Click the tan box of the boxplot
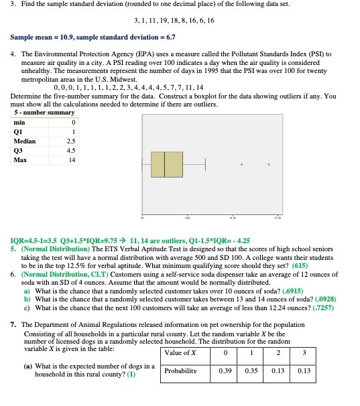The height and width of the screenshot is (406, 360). coord(167,164)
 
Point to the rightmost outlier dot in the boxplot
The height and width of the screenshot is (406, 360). coord(269,164)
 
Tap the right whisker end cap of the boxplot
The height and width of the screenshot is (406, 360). coord(206,164)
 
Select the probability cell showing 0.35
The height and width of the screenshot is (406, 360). coord(251,370)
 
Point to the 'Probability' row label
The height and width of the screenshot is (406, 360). coord(184,370)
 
